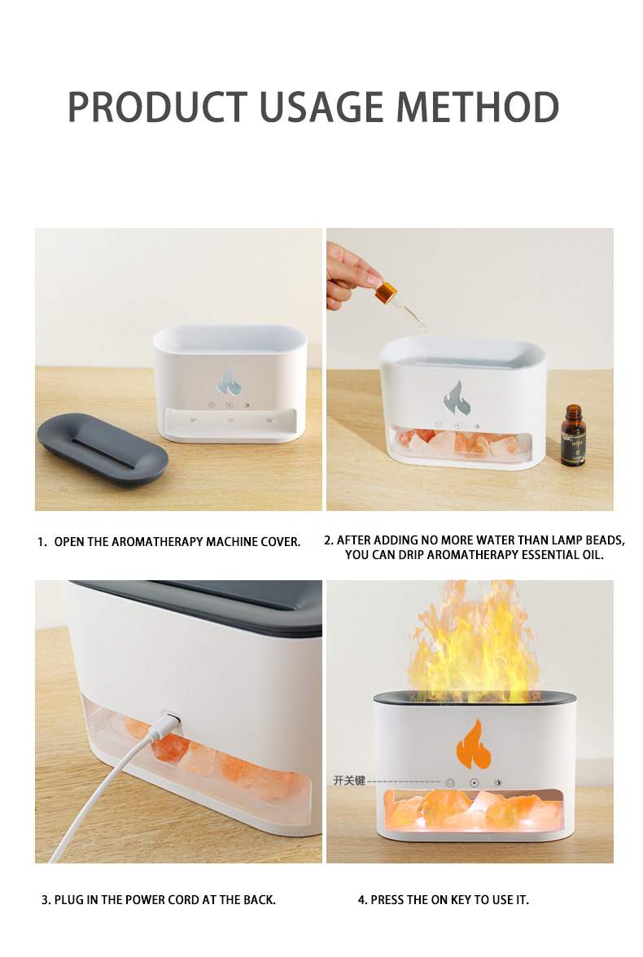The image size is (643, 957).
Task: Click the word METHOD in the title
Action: [x=478, y=107]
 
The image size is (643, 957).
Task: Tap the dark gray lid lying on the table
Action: [x=102, y=448]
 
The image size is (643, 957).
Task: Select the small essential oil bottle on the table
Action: [x=573, y=435]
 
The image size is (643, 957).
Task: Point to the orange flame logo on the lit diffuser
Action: [x=473, y=745]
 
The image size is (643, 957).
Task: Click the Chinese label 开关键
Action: [x=348, y=780]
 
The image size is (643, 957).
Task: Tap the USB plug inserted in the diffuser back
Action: [x=170, y=720]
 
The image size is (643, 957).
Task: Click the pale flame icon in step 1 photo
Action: [x=229, y=380]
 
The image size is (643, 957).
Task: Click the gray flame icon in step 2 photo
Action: [x=457, y=397]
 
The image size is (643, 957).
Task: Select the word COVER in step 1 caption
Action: [x=283, y=542]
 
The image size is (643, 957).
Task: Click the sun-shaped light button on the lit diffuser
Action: [x=498, y=783]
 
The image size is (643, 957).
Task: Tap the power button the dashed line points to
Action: [x=450, y=783]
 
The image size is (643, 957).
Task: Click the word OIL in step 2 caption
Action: [x=593, y=555]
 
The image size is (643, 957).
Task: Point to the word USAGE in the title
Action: [x=321, y=107]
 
